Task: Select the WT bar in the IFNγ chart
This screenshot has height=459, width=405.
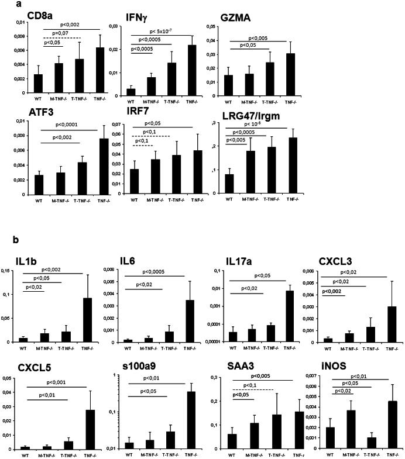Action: coord(131,91)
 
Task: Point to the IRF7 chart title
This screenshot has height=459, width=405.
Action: coord(136,111)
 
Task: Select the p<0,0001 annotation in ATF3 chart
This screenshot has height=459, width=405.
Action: coord(68,125)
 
